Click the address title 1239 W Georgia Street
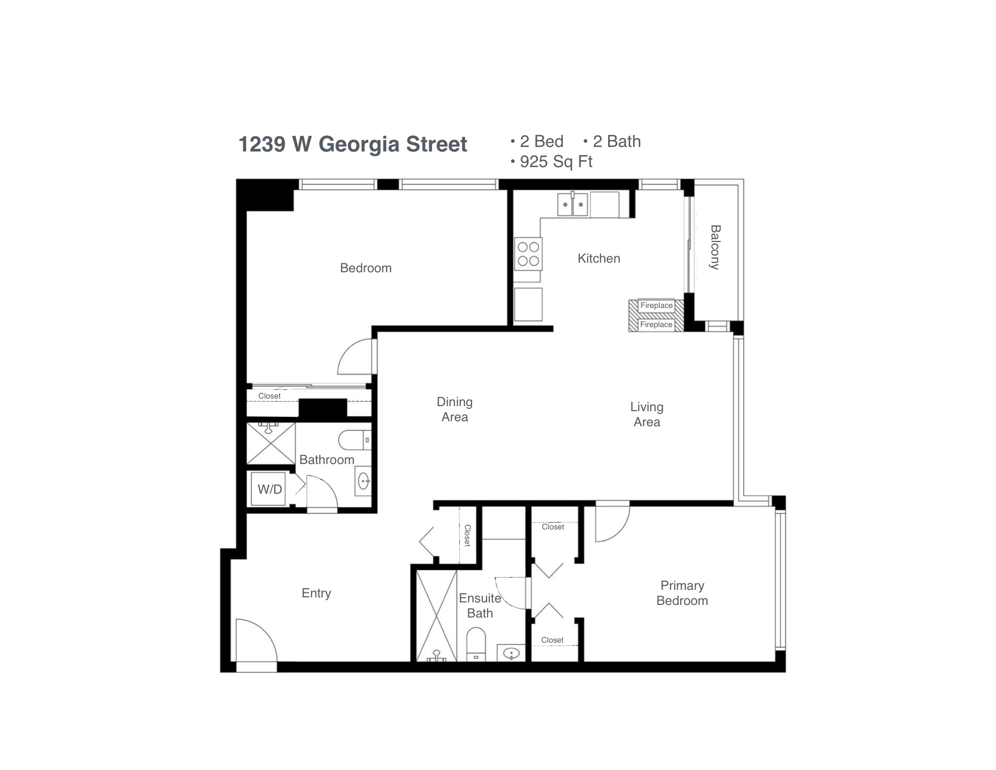point(352,144)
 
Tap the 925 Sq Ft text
point(555,162)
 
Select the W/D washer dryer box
point(269,489)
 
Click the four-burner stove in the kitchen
point(528,254)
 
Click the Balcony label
point(715,247)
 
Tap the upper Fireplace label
point(656,305)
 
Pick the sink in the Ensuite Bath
point(511,653)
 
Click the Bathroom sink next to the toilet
point(363,482)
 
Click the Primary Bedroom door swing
point(611,523)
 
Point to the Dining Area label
point(454,409)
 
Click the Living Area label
point(646,414)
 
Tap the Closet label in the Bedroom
point(269,396)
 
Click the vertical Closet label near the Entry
point(467,535)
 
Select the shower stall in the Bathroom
point(271,443)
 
